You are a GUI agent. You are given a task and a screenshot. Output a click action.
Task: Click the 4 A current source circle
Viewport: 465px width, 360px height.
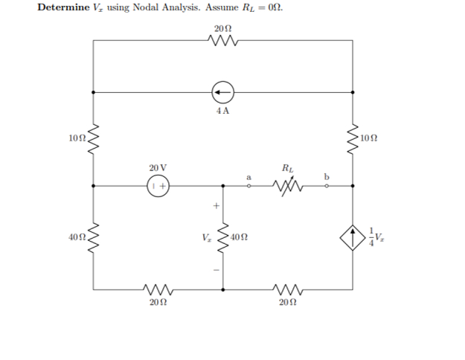pyautogui.click(x=222, y=93)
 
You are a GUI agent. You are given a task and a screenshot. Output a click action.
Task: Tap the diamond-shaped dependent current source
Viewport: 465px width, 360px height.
pyautogui.click(x=352, y=237)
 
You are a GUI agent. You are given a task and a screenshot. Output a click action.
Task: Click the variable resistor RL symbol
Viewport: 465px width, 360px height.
pyautogui.click(x=288, y=187)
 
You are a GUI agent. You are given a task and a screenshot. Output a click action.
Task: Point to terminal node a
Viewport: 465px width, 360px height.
pyautogui.click(x=249, y=187)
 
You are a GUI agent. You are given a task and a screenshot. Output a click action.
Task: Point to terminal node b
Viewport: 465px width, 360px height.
pyautogui.click(x=325, y=187)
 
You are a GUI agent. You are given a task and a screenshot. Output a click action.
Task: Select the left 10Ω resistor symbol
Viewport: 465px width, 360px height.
pyautogui.click(x=93, y=138)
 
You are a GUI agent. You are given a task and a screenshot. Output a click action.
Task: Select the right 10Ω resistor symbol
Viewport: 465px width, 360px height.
pyautogui.click(x=352, y=138)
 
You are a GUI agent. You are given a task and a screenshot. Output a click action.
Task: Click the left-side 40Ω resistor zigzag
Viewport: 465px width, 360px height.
pyautogui.click(x=93, y=237)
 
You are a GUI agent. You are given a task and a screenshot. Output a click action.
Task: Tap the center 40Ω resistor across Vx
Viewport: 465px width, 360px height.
pyautogui.click(x=222, y=237)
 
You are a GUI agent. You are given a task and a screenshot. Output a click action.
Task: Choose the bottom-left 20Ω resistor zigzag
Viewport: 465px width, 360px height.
pyautogui.click(x=157, y=287)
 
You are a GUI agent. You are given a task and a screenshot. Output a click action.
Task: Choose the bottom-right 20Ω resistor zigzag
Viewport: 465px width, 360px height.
pyautogui.click(x=286, y=287)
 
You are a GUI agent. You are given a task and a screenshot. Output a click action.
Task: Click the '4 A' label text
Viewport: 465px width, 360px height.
pyautogui.click(x=222, y=112)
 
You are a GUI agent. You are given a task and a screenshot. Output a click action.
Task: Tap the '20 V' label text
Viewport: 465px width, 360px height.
pyautogui.click(x=158, y=167)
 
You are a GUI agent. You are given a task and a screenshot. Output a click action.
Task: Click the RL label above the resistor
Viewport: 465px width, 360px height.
pyautogui.click(x=288, y=168)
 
